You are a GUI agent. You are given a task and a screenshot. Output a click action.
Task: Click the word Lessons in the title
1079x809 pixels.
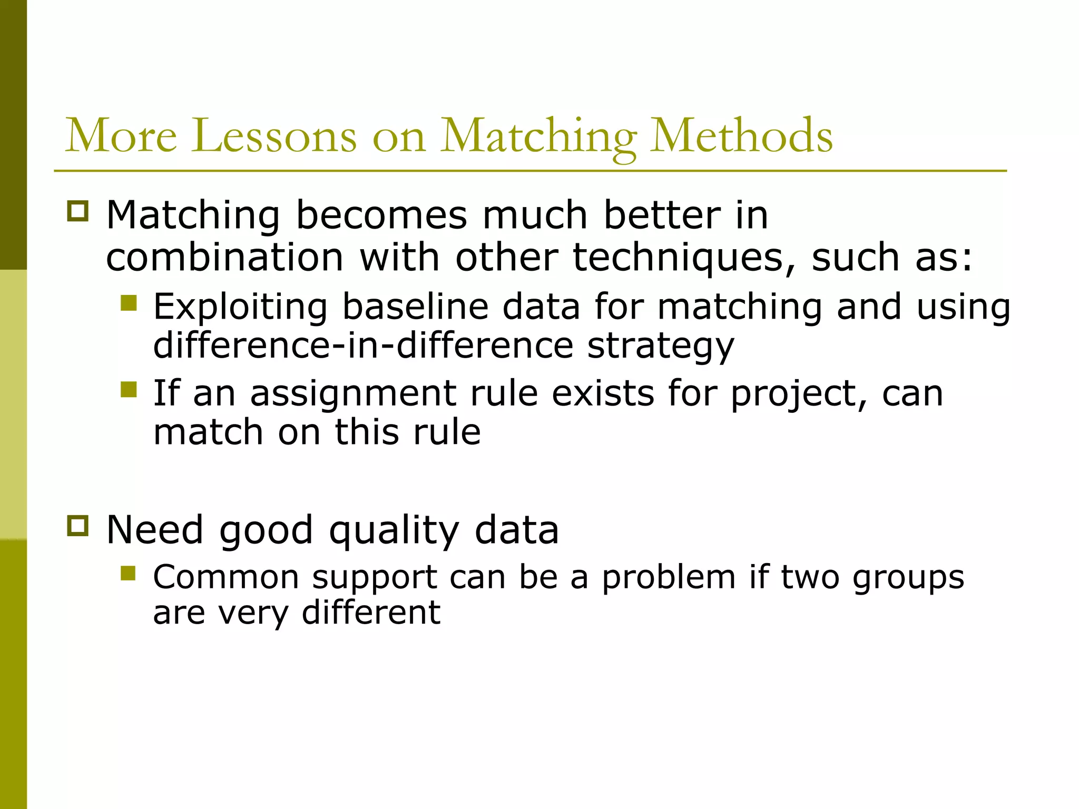(273, 136)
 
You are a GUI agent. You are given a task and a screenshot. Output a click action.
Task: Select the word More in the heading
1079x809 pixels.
(121, 136)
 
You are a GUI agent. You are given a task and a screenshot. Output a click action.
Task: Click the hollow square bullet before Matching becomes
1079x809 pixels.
(78, 211)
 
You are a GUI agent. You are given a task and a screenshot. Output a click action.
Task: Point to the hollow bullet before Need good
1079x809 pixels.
(78, 526)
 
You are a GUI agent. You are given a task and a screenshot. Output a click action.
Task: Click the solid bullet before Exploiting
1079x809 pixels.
(129, 303)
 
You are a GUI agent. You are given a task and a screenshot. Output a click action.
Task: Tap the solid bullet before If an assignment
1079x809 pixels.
(129, 390)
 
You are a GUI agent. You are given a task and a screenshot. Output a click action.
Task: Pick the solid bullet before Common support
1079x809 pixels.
(129, 573)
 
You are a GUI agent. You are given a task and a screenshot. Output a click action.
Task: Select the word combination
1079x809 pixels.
(225, 258)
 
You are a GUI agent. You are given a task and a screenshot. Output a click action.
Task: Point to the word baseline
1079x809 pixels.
(416, 307)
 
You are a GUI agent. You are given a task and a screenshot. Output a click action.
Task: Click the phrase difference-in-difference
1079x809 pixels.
(363, 346)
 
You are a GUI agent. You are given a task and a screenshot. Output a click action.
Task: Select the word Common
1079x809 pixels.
(226, 577)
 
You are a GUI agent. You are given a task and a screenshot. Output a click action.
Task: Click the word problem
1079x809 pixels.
(669, 577)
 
